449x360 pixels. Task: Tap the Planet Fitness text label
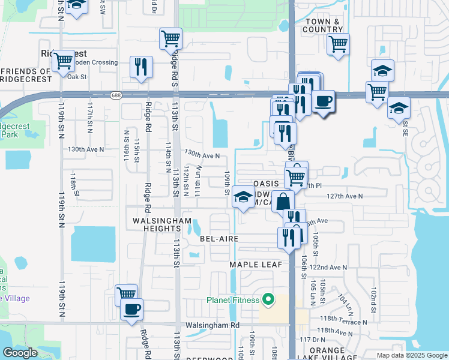pyautogui.click(x=233, y=300)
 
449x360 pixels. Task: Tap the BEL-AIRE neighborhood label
pyautogui.click(x=219, y=239)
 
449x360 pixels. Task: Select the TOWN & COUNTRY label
pyautogui.click(x=323, y=25)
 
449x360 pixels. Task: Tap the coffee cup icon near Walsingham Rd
pyautogui.click(x=131, y=310)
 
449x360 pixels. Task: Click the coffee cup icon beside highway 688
pyautogui.click(x=324, y=101)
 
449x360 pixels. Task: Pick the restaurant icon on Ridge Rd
pyautogui.click(x=141, y=67)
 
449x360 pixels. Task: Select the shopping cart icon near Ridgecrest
pyautogui.click(x=63, y=60)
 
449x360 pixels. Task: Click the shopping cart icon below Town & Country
pyautogui.click(x=338, y=43)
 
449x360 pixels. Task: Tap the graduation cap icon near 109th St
pyautogui.click(x=243, y=198)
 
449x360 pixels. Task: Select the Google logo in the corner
pyautogui.click(x=20, y=353)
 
